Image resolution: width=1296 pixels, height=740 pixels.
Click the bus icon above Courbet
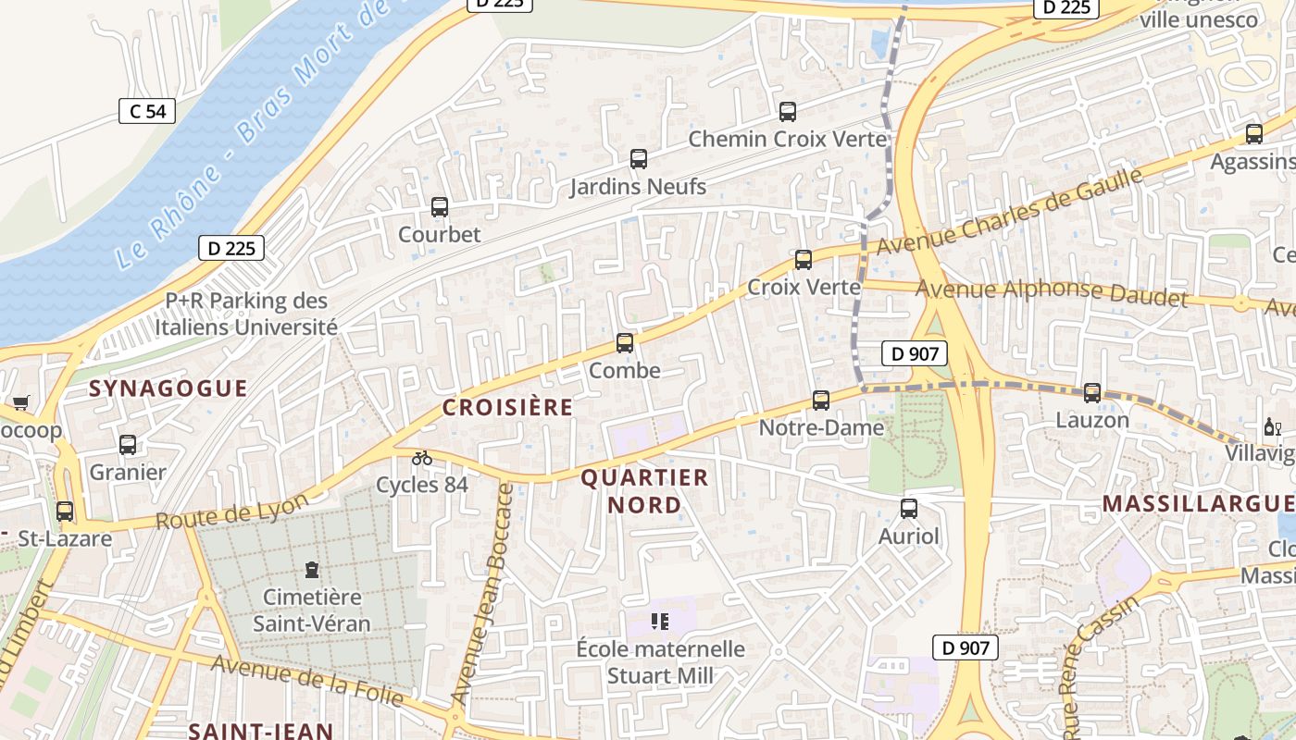pos(440,207)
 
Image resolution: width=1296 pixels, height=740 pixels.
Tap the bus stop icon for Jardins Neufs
pos(639,159)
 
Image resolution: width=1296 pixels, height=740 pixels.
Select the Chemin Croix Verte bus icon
pos(788,112)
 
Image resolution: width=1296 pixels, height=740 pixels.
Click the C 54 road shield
pos(147,111)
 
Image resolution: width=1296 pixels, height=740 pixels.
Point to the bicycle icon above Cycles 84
pos(422,457)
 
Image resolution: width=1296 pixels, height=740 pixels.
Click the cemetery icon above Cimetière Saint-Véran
pos(312,569)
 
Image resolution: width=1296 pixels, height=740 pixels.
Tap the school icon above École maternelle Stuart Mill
pos(660,622)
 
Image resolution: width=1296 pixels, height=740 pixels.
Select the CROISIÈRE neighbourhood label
pos(507,408)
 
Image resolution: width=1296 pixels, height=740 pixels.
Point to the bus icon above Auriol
pos(909,508)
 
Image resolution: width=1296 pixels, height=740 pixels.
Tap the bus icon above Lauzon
pos(1092,393)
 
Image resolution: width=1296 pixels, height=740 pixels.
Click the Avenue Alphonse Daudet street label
pos(1051,291)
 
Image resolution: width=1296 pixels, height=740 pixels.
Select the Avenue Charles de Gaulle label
pos(1009,213)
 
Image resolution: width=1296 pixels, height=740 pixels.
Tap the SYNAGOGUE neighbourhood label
pos(168,388)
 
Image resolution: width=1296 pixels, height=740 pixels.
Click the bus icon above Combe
pos(625,343)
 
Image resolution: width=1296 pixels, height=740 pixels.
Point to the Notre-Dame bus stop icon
pos(821,401)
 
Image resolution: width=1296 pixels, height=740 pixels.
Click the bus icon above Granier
pos(128,445)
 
